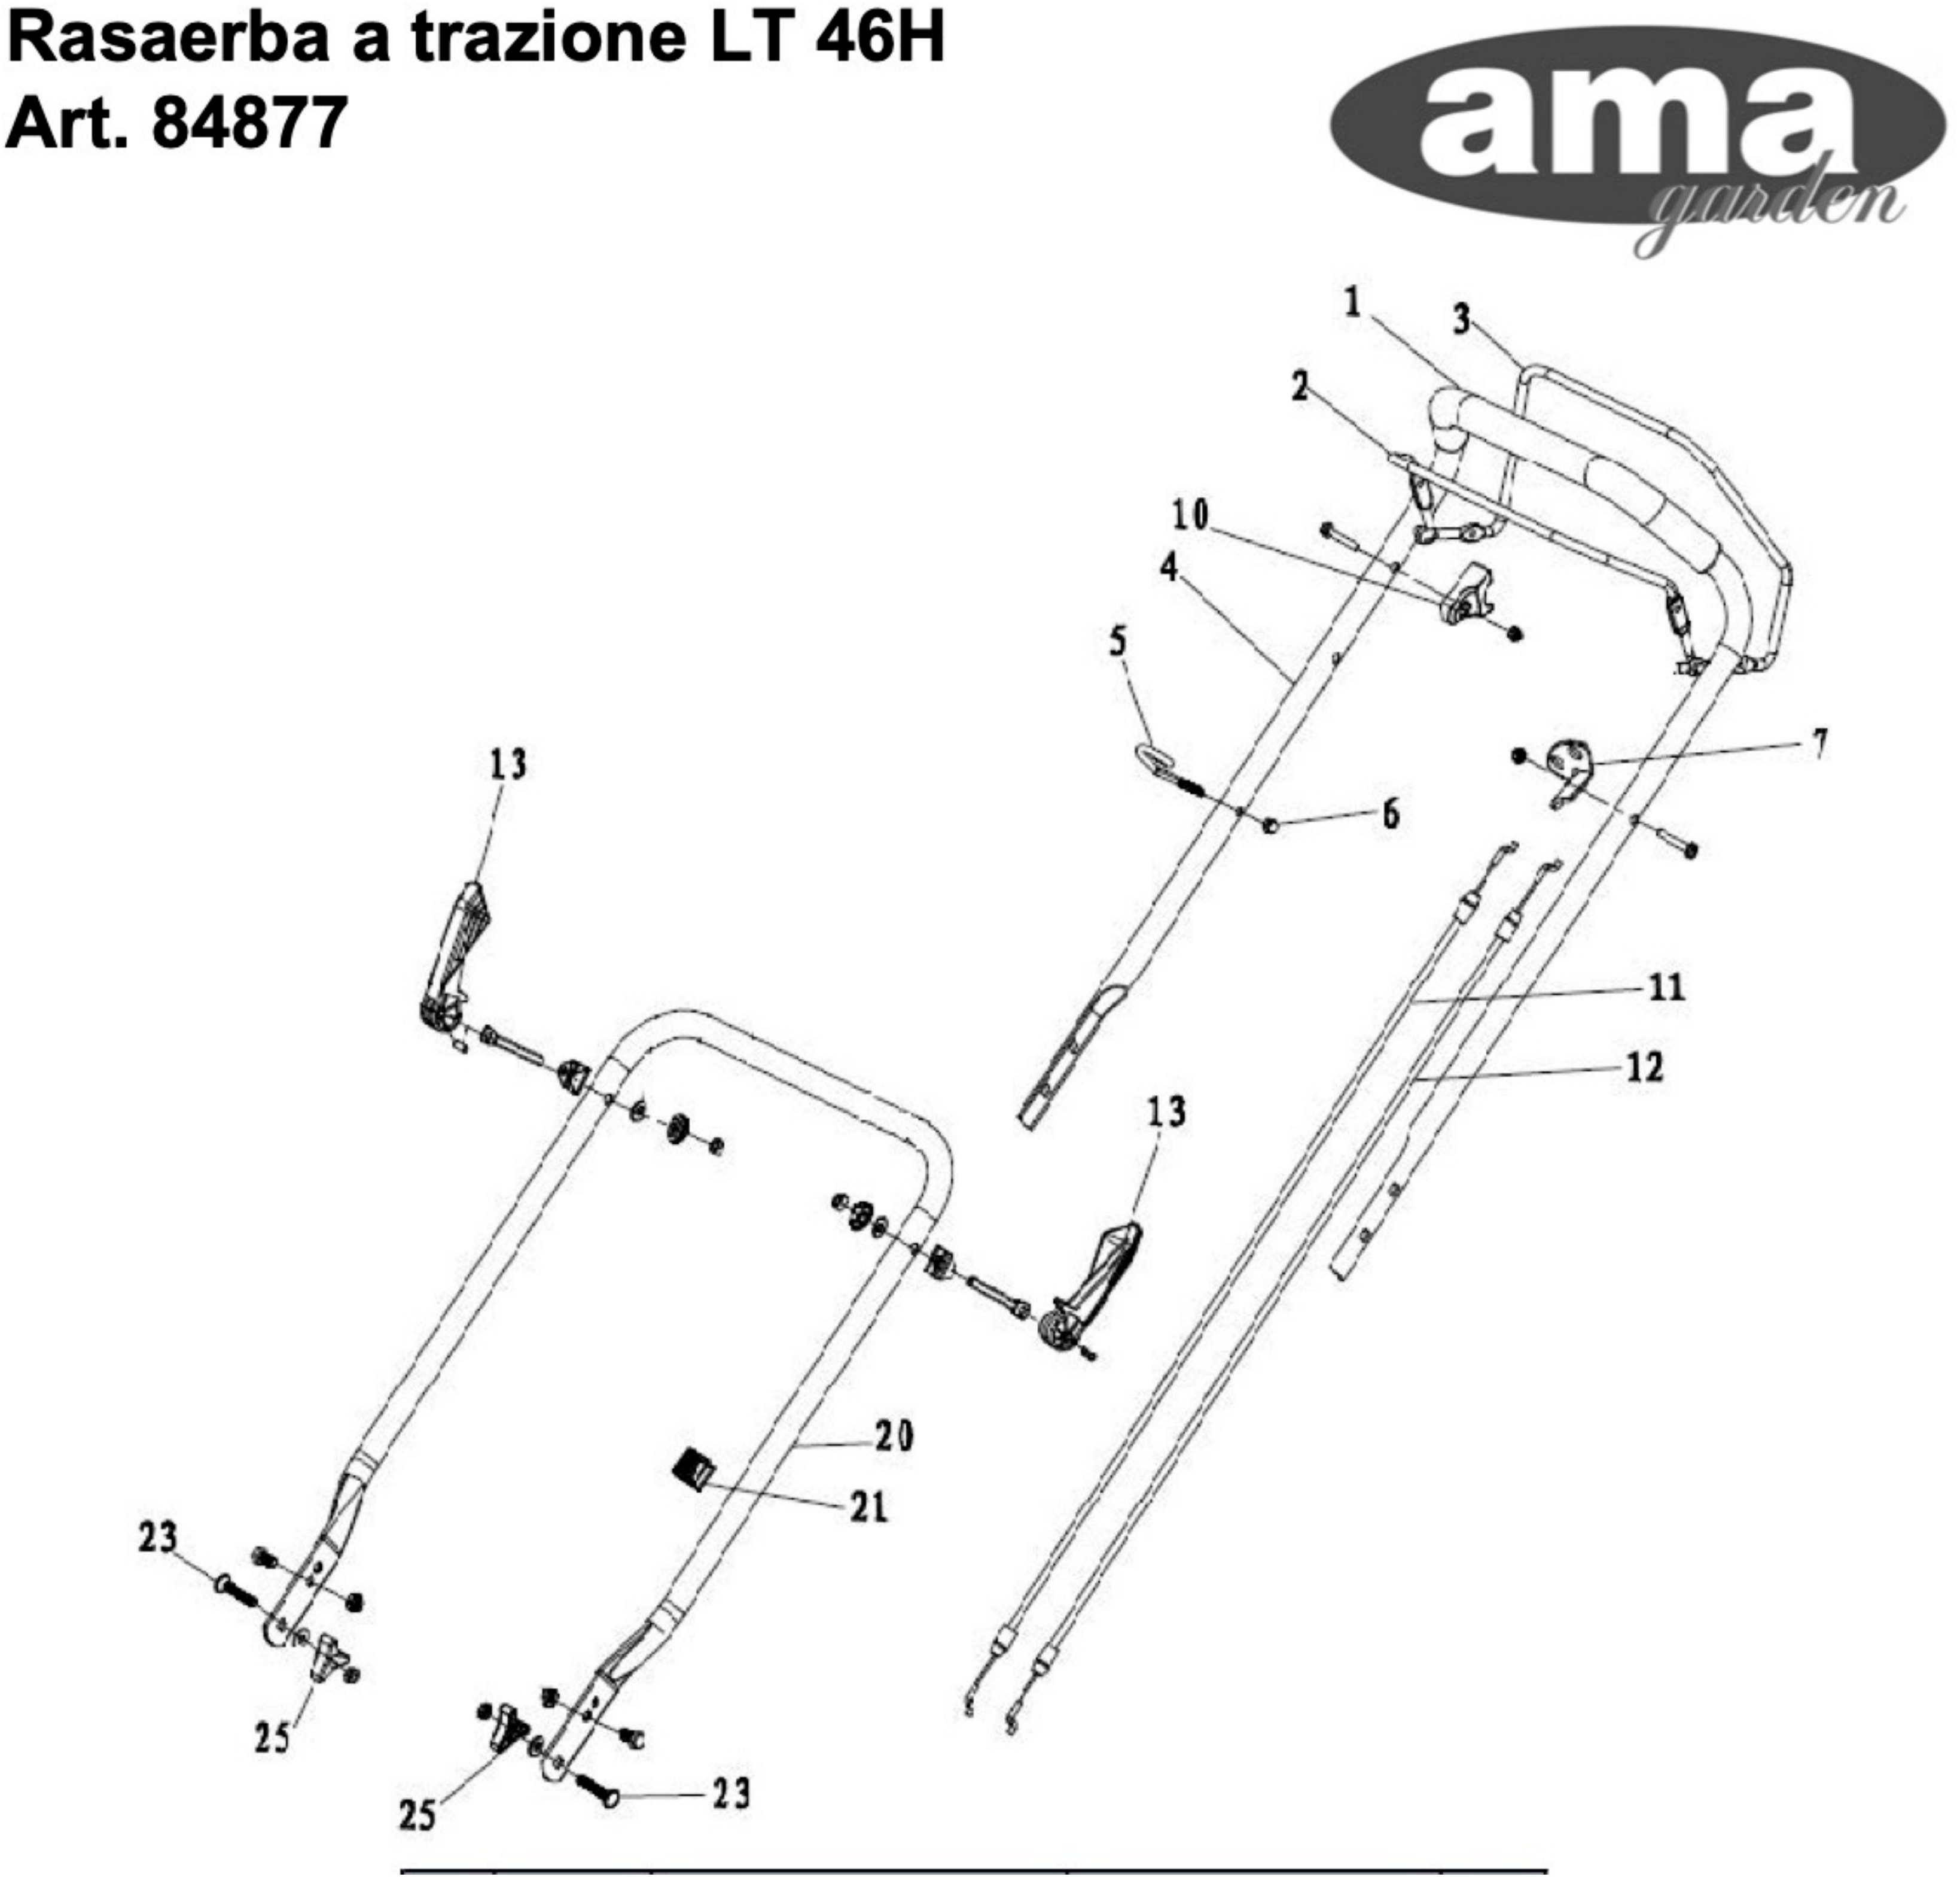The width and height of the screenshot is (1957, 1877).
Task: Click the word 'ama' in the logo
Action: (1638, 125)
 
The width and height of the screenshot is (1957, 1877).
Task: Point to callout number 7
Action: (1820, 743)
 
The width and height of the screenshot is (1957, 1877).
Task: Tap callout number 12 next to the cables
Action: (1644, 1068)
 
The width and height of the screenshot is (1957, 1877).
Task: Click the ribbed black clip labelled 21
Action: (689, 1469)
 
